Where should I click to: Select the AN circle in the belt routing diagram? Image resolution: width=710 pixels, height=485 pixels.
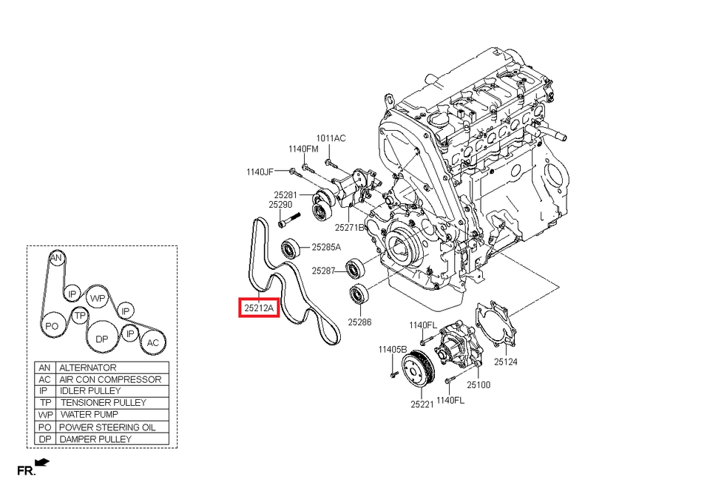[x=55, y=258]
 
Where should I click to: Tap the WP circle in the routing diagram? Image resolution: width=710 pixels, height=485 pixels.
[x=98, y=298]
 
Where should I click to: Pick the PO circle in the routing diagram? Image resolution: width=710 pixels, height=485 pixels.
[x=52, y=325]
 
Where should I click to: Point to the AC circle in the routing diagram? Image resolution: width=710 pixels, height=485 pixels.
[x=152, y=342]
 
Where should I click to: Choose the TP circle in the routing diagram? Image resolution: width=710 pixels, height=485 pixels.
[x=81, y=315]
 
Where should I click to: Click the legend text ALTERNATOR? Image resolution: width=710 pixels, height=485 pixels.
[x=88, y=367]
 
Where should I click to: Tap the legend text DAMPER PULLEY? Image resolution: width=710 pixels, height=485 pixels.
[x=95, y=438]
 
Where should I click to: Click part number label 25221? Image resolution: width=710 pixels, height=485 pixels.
[x=422, y=404]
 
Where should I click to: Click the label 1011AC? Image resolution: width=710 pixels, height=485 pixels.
[x=331, y=138]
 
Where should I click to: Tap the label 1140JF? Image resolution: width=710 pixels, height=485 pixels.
[x=260, y=172]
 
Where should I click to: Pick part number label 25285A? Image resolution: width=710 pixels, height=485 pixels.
[x=326, y=248]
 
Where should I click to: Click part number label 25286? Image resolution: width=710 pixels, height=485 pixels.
[x=359, y=322]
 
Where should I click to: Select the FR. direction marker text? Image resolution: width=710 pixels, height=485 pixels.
[x=26, y=470]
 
